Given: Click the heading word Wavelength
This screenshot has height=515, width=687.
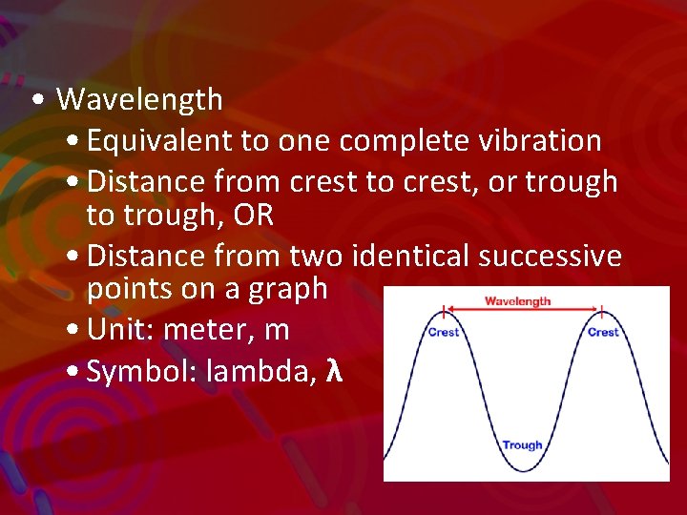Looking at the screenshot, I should pyautogui.click(x=139, y=99).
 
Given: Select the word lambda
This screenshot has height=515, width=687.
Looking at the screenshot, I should pyautogui.click(x=261, y=371).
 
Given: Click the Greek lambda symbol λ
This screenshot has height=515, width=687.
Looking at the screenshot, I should pyautogui.click(x=334, y=370).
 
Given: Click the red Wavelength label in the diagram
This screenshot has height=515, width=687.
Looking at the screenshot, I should pyautogui.click(x=517, y=301).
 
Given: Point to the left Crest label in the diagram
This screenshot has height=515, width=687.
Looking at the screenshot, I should pyautogui.click(x=443, y=332).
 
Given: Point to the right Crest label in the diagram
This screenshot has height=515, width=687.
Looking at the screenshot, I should pyautogui.click(x=602, y=332).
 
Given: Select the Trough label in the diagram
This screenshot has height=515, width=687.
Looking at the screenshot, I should pyautogui.click(x=522, y=444).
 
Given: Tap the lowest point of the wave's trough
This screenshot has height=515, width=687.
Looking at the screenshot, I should pyautogui.click(x=522, y=470).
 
